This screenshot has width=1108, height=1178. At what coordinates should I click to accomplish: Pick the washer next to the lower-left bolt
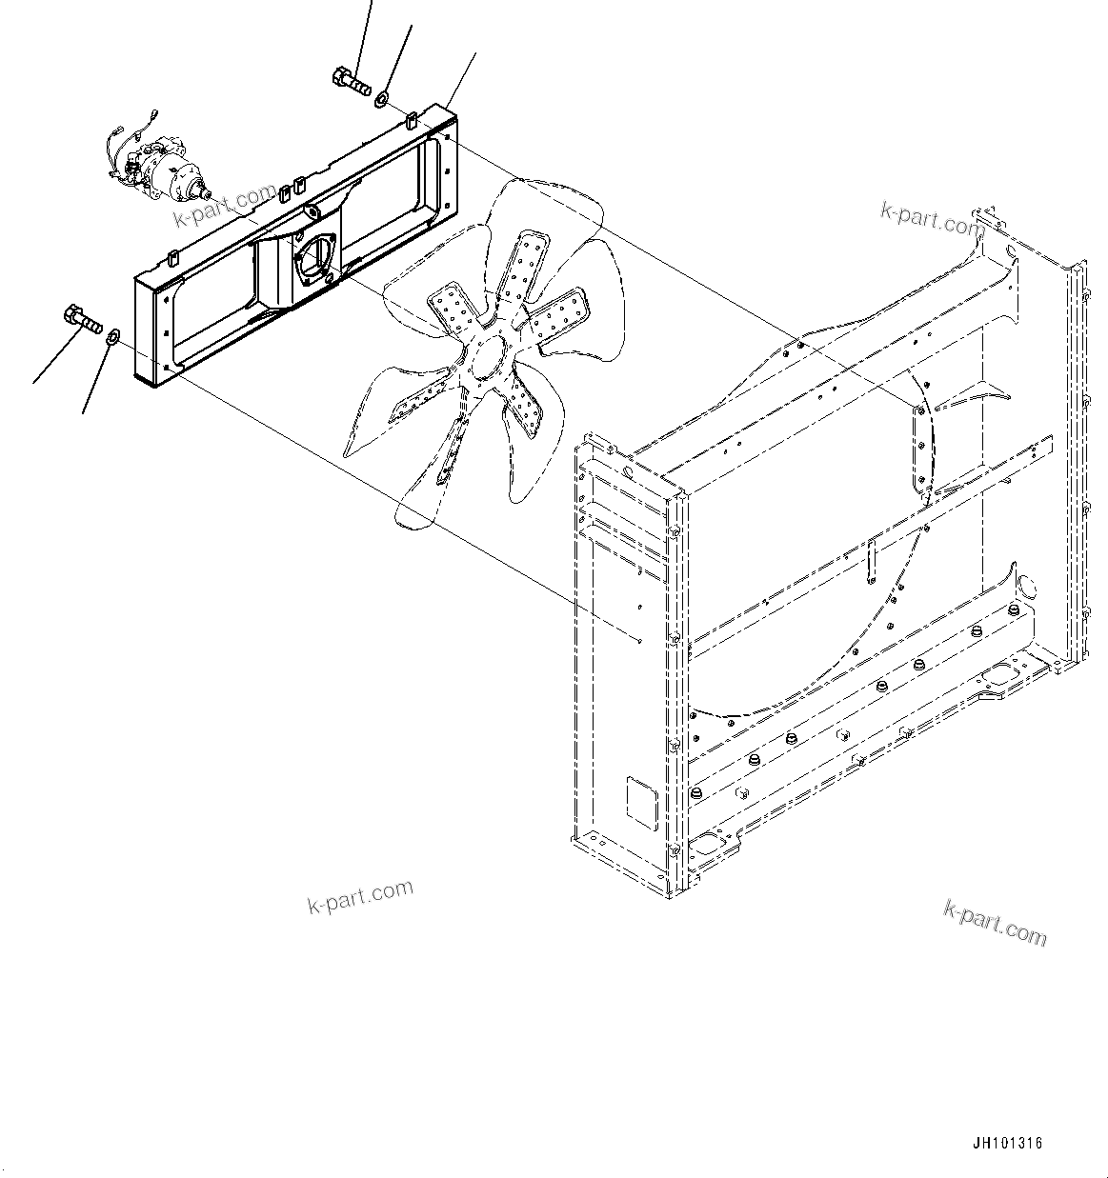(x=111, y=335)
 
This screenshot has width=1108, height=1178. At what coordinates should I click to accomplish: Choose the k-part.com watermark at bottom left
(x=360, y=895)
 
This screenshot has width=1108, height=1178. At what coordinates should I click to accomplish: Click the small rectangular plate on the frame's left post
(x=641, y=802)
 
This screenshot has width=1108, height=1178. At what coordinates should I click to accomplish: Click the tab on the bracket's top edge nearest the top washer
(x=410, y=121)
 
